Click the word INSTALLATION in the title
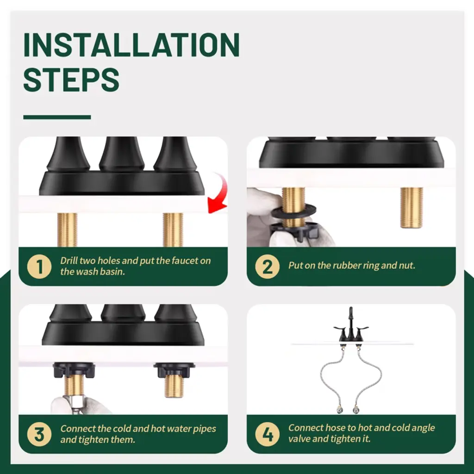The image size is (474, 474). click(x=131, y=45)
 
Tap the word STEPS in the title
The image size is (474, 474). click(x=71, y=80)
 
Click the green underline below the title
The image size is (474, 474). click(x=57, y=117)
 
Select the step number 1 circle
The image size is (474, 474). click(x=39, y=266)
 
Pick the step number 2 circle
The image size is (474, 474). click(x=267, y=266)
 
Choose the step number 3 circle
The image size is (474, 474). click(x=39, y=434)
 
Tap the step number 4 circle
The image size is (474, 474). click(x=267, y=434)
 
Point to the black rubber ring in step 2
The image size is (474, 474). click(x=293, y=211)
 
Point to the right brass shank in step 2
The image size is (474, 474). click(x=412, y=207)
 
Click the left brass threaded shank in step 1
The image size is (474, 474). click(x=67, y=230)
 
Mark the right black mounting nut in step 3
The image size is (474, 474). click(x=174, y=370)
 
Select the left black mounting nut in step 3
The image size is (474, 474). click(x=74, y=370)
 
